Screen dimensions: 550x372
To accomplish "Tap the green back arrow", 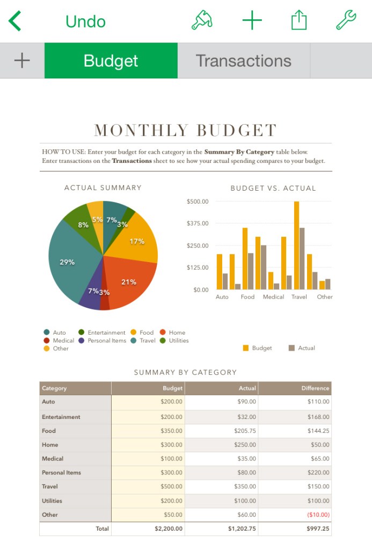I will pyautogui.click(x=15, y=21).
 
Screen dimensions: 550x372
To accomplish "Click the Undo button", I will pyautogui.click(x=85, y=21).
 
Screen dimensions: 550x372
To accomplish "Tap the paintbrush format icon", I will pyautogui.click(x=202, y=21).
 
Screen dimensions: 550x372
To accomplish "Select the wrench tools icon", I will pyautogui.click(x=346, y=21).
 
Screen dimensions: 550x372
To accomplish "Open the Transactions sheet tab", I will pyautogui.click(x=243, y=61).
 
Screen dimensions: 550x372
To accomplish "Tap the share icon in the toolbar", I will pyautogui.click(x=299, y=21).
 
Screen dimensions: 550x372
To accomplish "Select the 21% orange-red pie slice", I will pyautogui.click(x=129, y=282).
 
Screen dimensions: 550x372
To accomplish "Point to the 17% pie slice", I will pyautogui.click(x=136, y=241).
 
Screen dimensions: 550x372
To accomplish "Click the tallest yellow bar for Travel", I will pyautogui.click(x=296, y=245).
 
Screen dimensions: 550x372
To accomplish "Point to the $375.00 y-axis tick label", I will pyautogui.click(x=198, y=223).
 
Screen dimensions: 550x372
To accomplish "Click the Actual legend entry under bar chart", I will pyautogui.click(x=302, y=348).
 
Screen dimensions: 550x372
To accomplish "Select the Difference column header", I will pyautogui.click(x=315, y=388).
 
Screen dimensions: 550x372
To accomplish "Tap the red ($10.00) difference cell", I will pyautogui.click(x=318, y=515).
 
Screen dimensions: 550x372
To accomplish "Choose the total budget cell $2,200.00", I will pyautogui.click(x=169, y=529).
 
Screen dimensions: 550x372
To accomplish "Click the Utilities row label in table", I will pyautogui.click(x=52, y=501).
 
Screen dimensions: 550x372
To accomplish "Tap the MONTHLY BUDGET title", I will pyautogui.click(x=186, y=131).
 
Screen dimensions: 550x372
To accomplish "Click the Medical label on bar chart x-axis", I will pyautogui.click(x=273, y=297).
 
